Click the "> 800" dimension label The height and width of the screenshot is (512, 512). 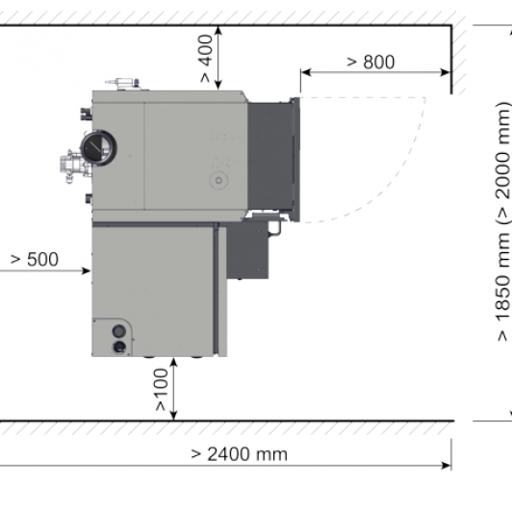[x=371, y=62]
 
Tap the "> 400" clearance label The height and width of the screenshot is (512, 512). [x=205, y=59]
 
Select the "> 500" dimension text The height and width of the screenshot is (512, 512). [x=35, y=260]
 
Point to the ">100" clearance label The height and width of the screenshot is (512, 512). [x=161, y=390]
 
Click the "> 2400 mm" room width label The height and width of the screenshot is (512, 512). [x=239, y=454]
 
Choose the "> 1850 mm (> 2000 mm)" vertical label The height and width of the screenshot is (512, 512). [x=502, y=222]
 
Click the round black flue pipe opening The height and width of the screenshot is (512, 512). [x=98, y=148]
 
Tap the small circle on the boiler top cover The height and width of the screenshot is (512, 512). [x=218, y=180]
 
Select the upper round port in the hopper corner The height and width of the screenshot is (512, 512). [x=119, y=331]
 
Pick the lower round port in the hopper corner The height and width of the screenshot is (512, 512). [x=119, y=347]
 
